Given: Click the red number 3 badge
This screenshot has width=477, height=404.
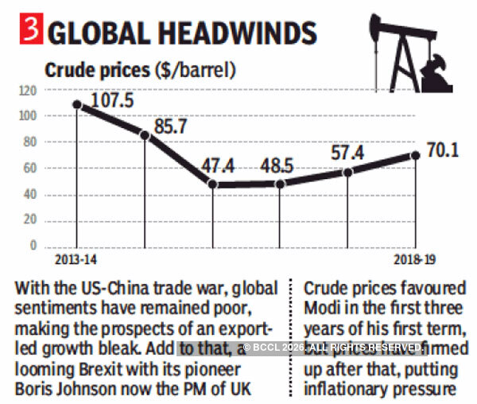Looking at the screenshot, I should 29,32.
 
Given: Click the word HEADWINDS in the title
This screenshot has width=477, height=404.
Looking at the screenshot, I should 230,33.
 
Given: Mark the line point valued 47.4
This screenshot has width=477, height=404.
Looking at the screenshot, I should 213,185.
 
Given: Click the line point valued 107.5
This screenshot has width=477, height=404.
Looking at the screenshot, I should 77,104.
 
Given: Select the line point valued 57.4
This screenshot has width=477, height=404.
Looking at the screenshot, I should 348,172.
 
